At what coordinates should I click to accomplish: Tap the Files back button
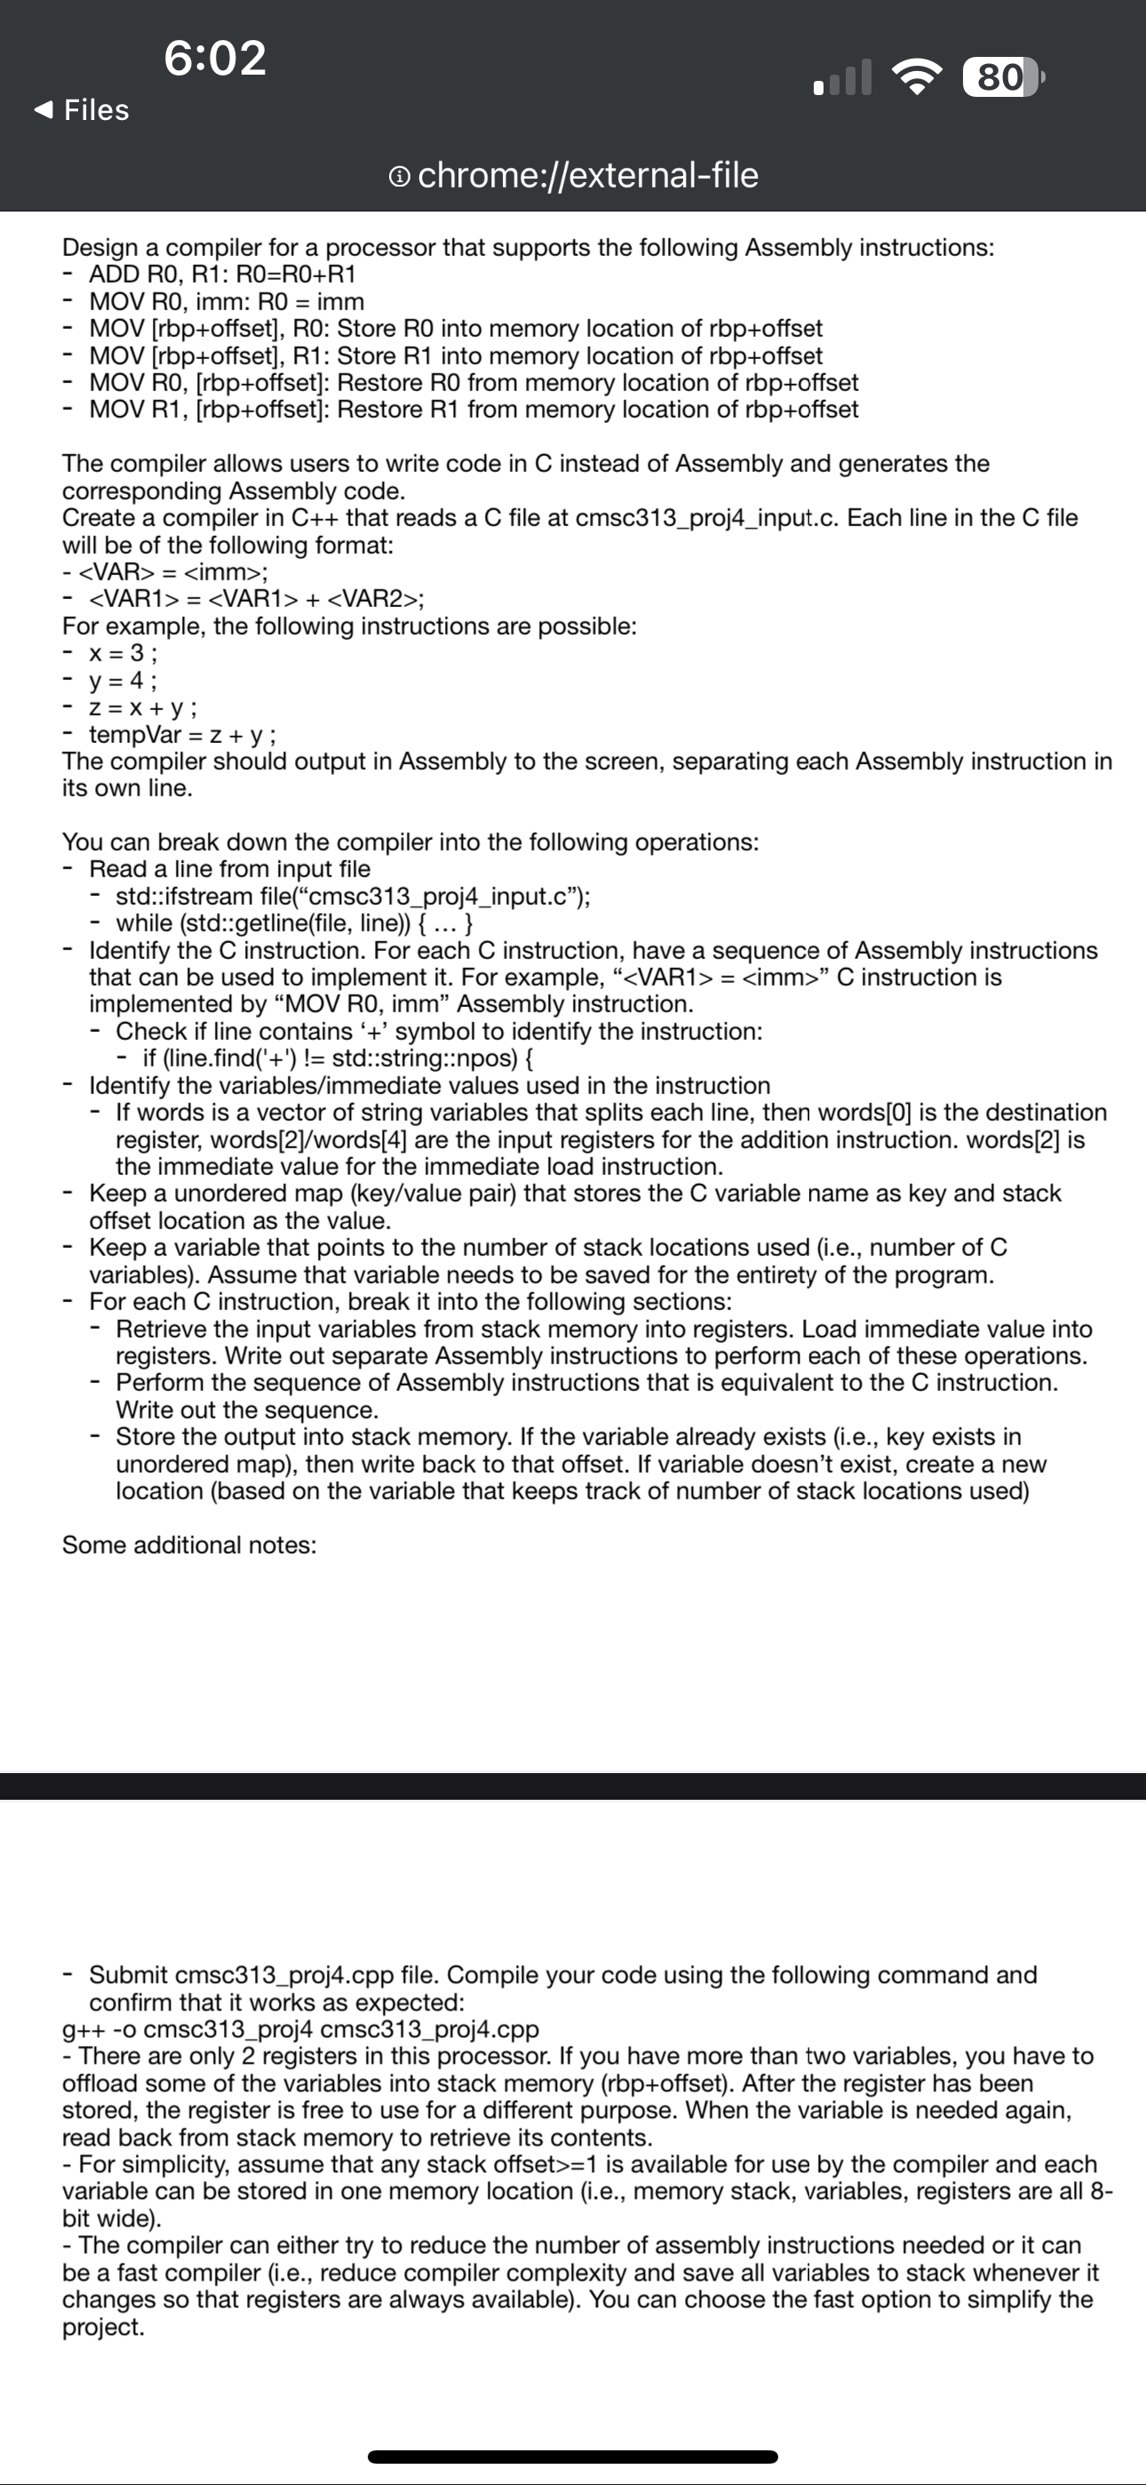tap(82, 110)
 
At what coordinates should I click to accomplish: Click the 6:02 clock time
tap(215, 58)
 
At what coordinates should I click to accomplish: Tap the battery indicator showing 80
tap(1001, 77)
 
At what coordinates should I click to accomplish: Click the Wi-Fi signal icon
tap(918, 77)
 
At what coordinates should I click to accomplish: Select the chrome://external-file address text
tap(587, 176)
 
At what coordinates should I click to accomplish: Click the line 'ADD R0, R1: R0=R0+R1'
tap(222, 275)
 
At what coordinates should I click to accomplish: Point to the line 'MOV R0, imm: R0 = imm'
tap(227, 302)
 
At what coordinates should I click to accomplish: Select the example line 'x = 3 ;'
tap(123, 653)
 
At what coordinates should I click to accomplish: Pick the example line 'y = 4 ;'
tap(123, 680)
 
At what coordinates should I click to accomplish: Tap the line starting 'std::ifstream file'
tap(353, 896)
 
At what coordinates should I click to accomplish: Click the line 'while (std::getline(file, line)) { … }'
tap(294, 923)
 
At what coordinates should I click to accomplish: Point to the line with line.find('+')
tap(338, 1059)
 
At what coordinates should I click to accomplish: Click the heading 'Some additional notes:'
tap(189, 1546)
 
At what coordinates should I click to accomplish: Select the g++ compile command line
tap(300, 2030)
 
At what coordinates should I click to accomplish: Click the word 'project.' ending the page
tap(103, 2327)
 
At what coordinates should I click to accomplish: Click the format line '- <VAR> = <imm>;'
tap(166, 572)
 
